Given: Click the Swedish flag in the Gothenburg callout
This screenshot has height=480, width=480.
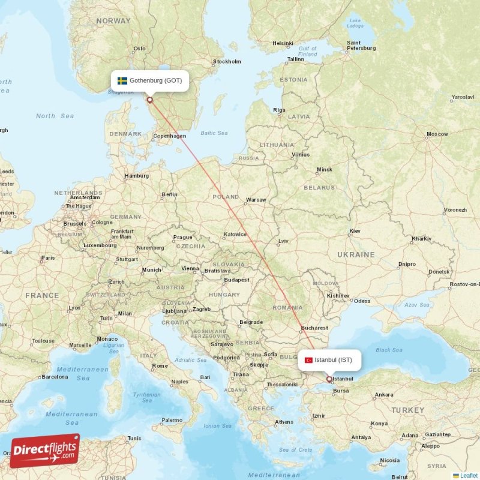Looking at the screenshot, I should coord(122,80).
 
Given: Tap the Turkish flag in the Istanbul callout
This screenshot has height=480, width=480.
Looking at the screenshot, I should coord(308,360).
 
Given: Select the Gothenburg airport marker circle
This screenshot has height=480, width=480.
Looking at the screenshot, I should coord(149,100).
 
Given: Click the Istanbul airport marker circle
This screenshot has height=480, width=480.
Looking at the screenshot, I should coord(329,379).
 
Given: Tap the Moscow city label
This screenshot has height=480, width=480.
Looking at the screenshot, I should coord(437,134).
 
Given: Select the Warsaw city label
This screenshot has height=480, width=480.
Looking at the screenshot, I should coord(256,199).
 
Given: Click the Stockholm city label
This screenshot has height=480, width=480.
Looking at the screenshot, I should coord(227,61).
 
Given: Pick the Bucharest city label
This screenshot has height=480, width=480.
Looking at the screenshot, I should coord(315,328).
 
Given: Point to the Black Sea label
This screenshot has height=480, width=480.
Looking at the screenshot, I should coord(389,350).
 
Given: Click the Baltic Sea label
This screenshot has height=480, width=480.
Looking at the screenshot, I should coord(214,133).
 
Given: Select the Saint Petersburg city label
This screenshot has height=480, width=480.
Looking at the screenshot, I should coord(361,46).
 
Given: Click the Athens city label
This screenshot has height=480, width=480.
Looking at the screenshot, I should coord(284,422).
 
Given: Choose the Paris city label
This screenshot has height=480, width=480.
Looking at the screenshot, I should coord(47,258).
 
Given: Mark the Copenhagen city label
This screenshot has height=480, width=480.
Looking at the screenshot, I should coord(170,136).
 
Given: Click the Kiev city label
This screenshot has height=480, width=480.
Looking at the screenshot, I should coord(355,231).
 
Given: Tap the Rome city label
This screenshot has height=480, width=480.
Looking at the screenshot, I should coord(160,365).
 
